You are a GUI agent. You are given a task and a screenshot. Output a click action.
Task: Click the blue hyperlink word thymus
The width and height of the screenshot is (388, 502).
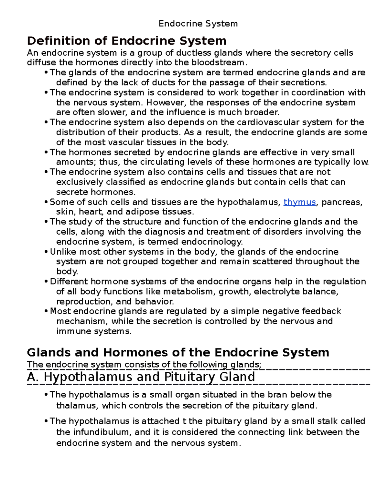coord(299,202)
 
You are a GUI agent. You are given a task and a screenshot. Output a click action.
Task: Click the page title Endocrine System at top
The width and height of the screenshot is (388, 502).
coord(198,24)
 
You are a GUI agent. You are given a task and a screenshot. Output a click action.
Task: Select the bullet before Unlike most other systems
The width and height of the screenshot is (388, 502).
coord(46,252)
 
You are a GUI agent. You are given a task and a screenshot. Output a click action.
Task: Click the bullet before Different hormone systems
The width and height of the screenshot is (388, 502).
coord(46,282)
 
